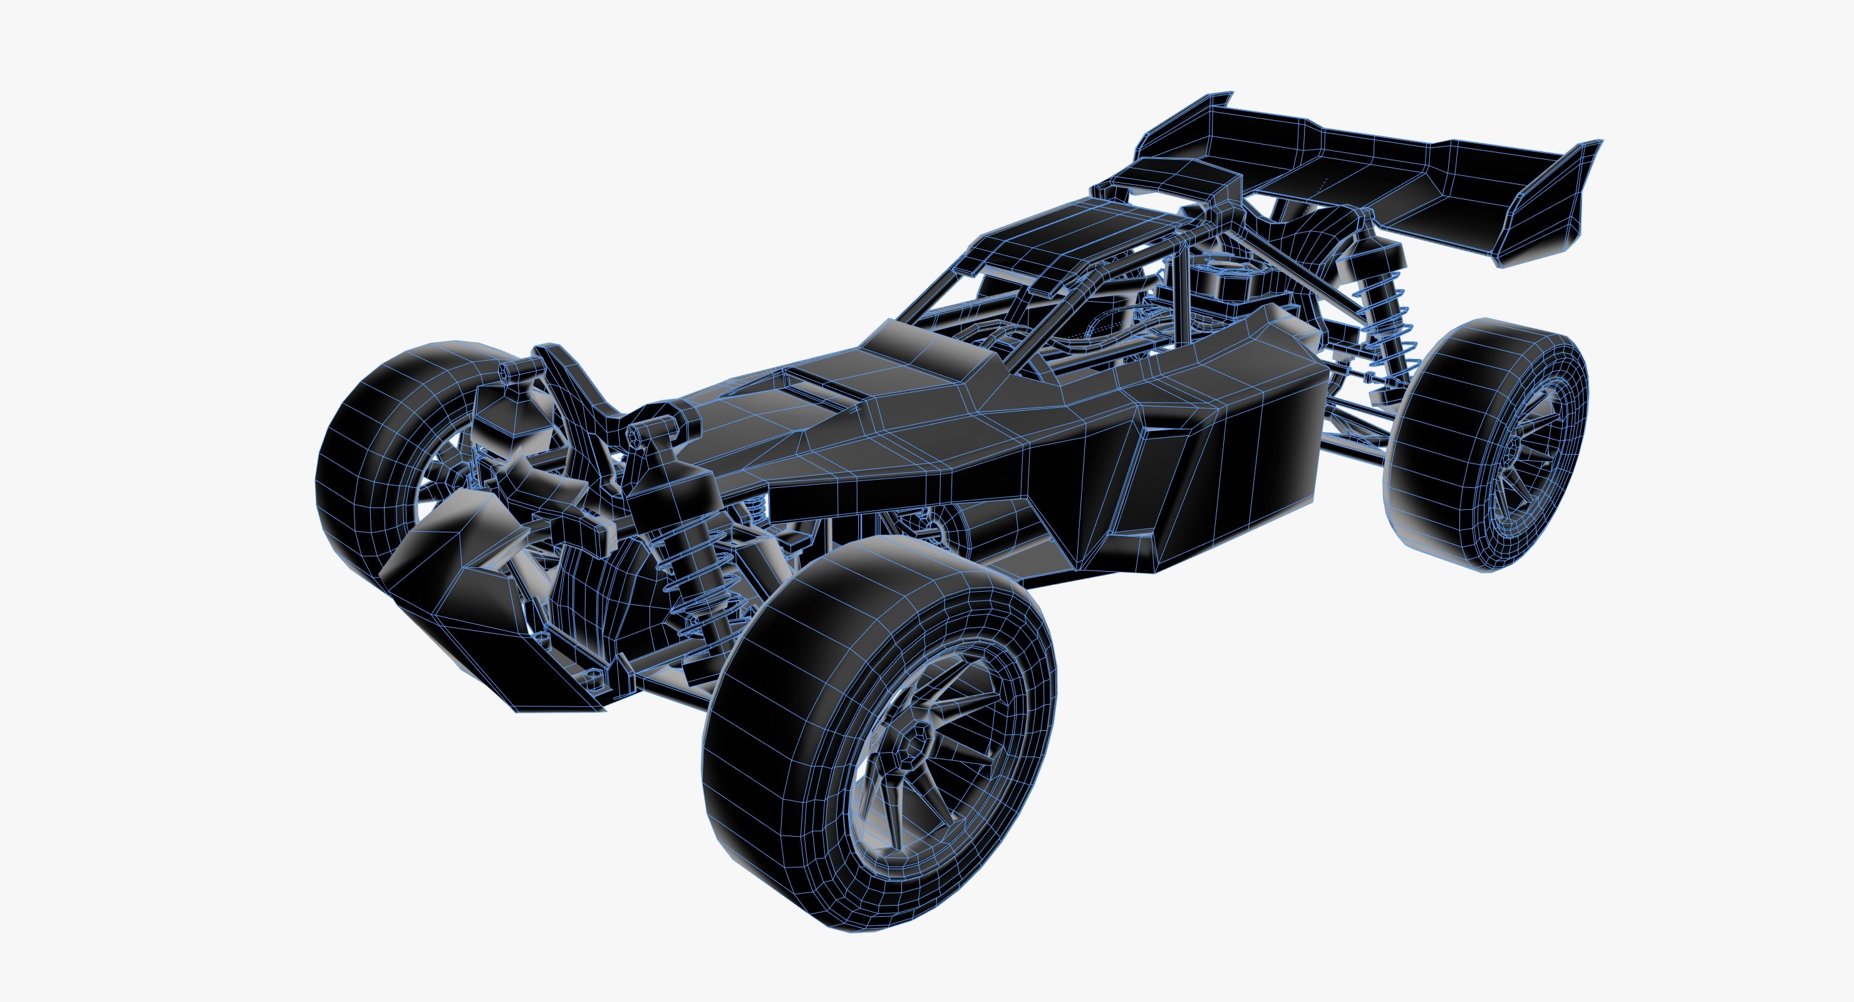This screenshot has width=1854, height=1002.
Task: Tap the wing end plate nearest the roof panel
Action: tap(1180, 130)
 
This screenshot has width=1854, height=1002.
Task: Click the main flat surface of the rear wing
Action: tap(1367, 173)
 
